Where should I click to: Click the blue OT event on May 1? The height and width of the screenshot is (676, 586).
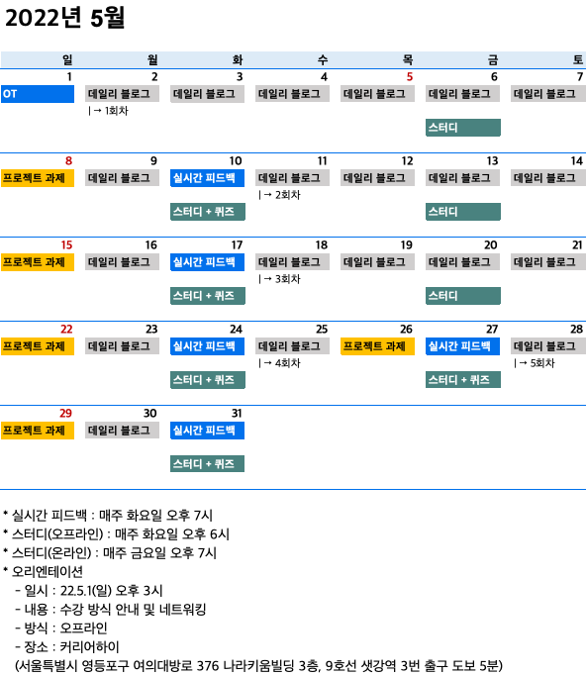(38, 94)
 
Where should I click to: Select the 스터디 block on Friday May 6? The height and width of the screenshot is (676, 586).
(463, 128)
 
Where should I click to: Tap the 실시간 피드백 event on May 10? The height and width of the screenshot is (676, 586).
(208, 178)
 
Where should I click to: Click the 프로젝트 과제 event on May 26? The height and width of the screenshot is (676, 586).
(377, 346)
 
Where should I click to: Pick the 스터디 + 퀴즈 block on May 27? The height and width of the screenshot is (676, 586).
(463, 380)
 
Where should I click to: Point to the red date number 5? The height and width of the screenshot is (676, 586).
(410, 77)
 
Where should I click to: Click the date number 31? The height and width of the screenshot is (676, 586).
(237, 414)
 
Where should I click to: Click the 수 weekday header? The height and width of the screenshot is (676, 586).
(323, 60)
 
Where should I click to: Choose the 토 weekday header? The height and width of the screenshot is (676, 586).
(578, 60)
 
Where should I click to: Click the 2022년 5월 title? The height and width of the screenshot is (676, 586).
(64, 18)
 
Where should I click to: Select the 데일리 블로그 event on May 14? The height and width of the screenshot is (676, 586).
(548, 178)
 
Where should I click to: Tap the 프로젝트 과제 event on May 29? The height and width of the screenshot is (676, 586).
(38, 431)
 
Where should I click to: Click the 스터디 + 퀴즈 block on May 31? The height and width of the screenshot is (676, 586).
(208, 464)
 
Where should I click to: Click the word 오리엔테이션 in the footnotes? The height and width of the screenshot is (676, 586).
(48, 572)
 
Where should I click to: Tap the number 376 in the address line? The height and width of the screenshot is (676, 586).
(209, 666)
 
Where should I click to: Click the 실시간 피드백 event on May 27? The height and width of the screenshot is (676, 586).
(462, 346)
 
